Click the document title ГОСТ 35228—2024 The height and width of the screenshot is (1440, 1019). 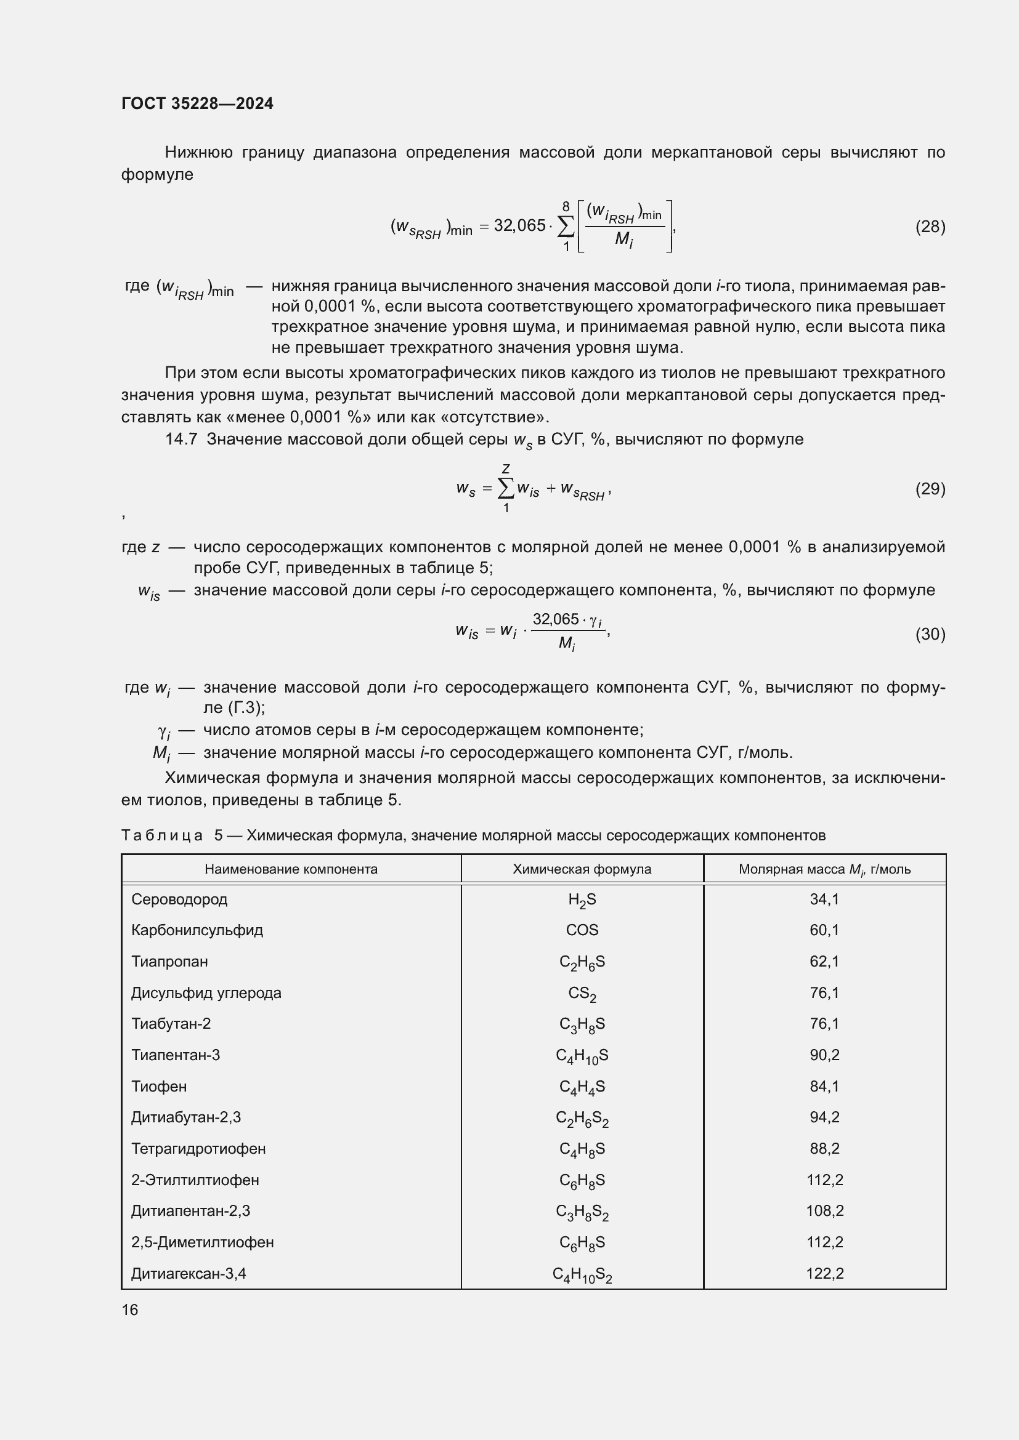pyautogui.click(x=197, y=103)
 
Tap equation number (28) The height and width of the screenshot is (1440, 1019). pyautogui.click(x=930, y=227)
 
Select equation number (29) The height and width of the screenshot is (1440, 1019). pyautogui.click(x=930, y=489)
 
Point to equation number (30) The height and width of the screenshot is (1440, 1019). pyautogui.click(x=930, y=634)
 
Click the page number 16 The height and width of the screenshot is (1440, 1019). pyautogui.click(x=130, y=1309)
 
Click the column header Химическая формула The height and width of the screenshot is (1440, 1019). pyautogui.click(x=582, y=869)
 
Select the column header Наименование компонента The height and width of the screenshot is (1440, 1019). pyautogui.click(x=291, y=869)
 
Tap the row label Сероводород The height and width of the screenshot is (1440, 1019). pyautogui.click(x=179, y=899)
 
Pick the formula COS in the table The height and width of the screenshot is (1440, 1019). pyautogui.click(x=582, y=930)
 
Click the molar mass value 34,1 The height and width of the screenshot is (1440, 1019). pyautogui.click(x=824, y=899)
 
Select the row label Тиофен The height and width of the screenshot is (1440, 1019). pyautogui.click(x=159, y=1086)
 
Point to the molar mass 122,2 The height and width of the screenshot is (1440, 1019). pyautogui.click(x=824, y=1273)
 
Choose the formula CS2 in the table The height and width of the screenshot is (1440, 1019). pyautogui.click(x=582, y=994)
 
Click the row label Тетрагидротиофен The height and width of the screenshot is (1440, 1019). pyautogui.click(x=198, y=1148)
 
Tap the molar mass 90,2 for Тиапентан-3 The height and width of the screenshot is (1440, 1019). pyautogui.click(x=824, y=1055)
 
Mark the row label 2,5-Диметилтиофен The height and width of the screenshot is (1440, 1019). pyautogui.click(x=202, y=1242)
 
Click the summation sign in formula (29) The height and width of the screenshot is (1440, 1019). pyautogui.click(x=506, y=489)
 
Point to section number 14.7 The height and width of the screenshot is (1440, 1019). pyautogui.click(x=181, y=440)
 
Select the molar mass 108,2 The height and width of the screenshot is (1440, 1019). pyautogui.click(x=824, y=1210)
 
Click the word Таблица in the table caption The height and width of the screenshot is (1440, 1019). pyautogui.click(x=162, y=835)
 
